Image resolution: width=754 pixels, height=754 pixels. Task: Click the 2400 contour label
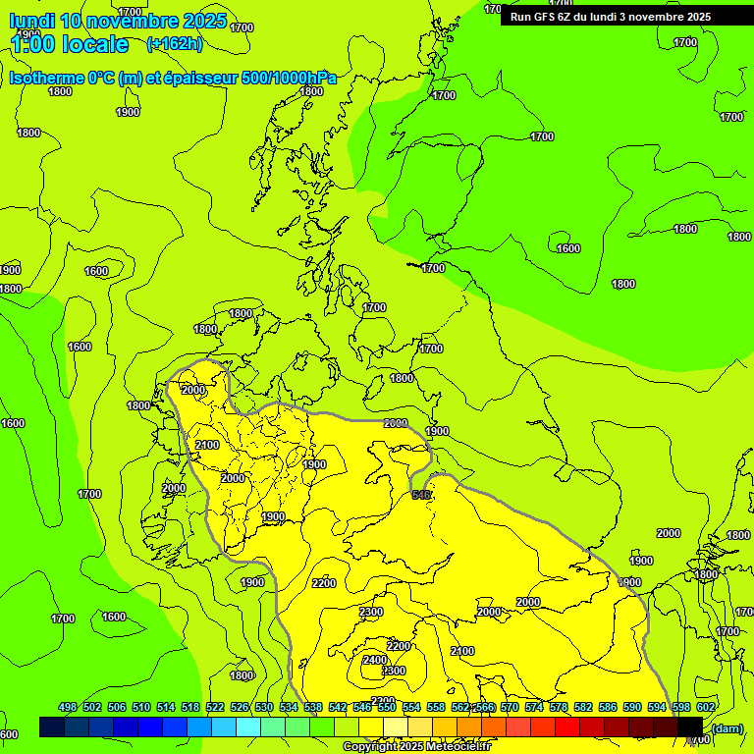point(374,660)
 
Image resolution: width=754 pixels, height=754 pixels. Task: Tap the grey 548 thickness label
point(422,495)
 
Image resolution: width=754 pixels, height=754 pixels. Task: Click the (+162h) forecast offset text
point(174,43)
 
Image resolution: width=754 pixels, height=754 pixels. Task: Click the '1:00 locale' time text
point(70,44)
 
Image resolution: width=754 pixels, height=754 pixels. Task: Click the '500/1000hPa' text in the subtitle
point(286,78)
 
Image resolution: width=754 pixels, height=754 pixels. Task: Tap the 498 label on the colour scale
point(68,707)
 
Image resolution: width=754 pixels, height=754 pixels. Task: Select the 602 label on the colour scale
point(705,707)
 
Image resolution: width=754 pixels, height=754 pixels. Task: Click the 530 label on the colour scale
point(264,707)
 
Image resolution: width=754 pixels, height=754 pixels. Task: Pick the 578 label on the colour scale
point(559,707)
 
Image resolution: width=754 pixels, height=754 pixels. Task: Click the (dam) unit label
point(727,727)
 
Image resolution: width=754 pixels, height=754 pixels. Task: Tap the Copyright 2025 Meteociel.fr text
point(416,747)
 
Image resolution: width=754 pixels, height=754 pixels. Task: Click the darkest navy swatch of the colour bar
point(52,727)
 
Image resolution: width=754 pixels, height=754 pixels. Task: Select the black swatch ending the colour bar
point(690,727)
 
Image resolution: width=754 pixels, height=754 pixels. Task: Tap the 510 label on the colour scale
point(141,707)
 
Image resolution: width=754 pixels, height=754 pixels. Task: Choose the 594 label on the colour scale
point(657,707)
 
